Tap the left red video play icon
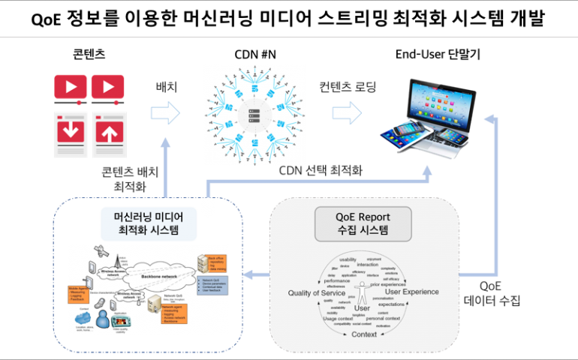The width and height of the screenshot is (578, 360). tap(71, 86)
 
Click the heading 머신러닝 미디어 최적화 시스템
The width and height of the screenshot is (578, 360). tap(149, 223)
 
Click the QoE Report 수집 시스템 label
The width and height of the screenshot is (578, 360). tap(363, 223)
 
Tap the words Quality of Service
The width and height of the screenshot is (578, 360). tap(300, 292)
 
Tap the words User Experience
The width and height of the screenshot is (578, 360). tap(411, 291)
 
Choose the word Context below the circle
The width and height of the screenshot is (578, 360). tap(364, 334)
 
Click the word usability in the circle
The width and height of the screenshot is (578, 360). tap(348, 259)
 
